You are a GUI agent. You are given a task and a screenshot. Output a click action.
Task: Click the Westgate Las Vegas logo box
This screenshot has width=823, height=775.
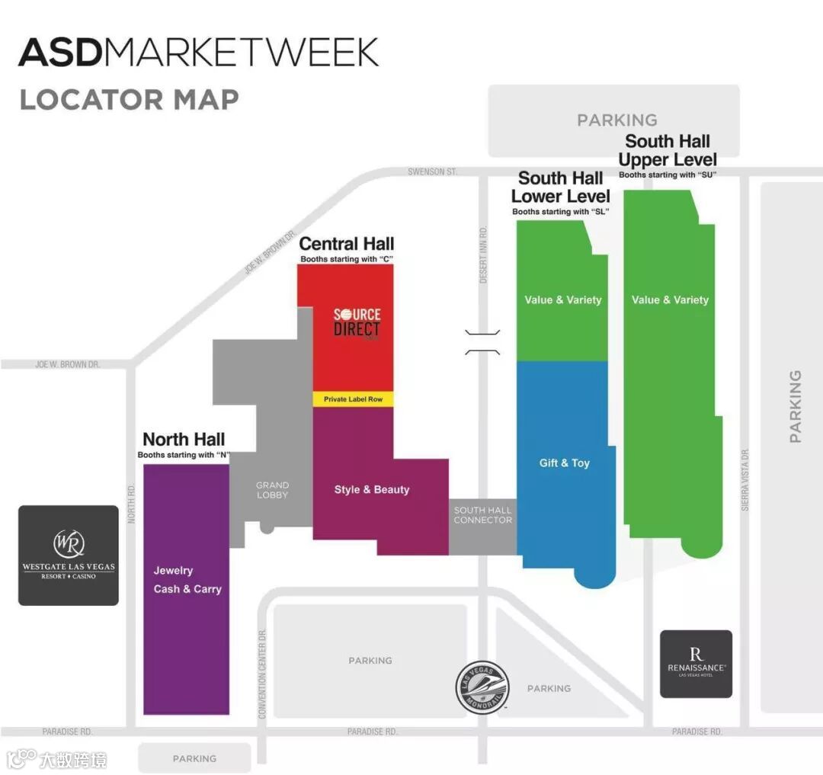69,555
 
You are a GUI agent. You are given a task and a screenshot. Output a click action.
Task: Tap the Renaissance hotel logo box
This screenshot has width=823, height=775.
696,664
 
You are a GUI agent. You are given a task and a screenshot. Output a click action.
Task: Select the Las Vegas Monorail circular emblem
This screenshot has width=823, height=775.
482,687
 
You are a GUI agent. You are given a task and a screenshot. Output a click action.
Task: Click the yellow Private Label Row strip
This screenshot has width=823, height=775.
353,399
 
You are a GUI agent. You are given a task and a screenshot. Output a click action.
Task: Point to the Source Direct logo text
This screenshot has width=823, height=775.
357,322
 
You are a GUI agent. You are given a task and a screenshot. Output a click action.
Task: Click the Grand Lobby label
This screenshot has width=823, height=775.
272,490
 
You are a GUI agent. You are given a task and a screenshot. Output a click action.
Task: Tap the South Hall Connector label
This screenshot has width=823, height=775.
482,515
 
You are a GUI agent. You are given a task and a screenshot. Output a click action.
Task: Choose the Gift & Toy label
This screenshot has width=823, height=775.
565,463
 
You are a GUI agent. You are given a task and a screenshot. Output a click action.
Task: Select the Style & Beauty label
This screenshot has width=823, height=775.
372,489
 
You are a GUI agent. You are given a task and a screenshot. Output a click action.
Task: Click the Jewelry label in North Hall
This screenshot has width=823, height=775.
173,570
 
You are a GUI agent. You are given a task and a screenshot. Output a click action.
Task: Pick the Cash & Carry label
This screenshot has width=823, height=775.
187,588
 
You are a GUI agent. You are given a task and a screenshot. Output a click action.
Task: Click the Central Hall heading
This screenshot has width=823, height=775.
347,244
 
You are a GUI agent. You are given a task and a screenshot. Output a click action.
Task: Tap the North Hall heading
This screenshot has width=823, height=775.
184,439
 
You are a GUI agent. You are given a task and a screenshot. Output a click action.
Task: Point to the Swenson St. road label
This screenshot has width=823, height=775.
432,172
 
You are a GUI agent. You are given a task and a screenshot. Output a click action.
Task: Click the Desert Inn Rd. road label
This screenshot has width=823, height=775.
483,255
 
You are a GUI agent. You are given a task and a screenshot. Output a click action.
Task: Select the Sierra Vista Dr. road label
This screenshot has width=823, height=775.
745,479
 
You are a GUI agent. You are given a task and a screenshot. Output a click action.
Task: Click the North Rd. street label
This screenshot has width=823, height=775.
131,504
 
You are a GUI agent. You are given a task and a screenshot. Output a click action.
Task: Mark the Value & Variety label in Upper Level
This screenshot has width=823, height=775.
670,299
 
